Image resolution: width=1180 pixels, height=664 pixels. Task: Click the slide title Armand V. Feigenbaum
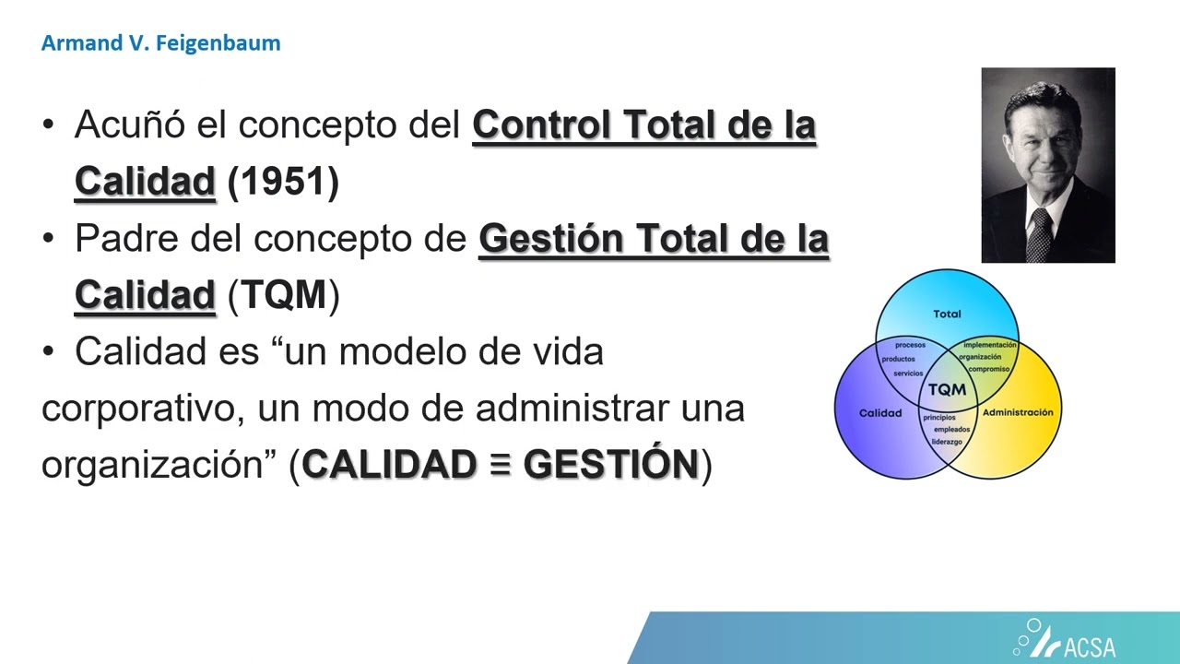tap(160, 43)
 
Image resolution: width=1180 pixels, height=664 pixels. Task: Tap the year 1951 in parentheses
tap(283, 183)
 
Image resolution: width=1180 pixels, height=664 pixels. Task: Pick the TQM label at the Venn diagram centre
tap(947, 389)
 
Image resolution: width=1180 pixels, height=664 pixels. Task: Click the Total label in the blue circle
tap(947, 314)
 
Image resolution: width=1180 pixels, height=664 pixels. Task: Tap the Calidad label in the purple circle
tap(880, 413)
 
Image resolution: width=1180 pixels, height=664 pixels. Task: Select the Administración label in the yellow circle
tap(1018, 412)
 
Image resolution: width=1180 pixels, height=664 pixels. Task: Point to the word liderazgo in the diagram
tap(947, 442)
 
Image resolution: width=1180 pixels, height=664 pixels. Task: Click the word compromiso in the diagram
tap(989, 369)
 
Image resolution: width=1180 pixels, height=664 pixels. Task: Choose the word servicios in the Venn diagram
tap(908, 373)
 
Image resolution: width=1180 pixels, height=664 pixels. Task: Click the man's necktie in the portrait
tap(1039, 234)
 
